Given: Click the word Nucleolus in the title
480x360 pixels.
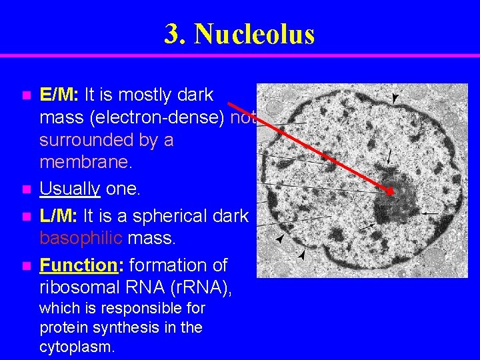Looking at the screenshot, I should (255, 34).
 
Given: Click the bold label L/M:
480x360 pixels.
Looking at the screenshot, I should (59, 216).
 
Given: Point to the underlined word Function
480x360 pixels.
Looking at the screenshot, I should (78, 265).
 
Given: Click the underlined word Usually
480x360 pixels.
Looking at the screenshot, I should (70, 189).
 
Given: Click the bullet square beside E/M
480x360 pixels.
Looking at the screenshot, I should (26, 96).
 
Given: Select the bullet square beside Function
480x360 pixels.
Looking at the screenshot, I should (26, 266).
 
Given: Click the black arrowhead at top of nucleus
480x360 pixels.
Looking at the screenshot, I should (395, 99).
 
